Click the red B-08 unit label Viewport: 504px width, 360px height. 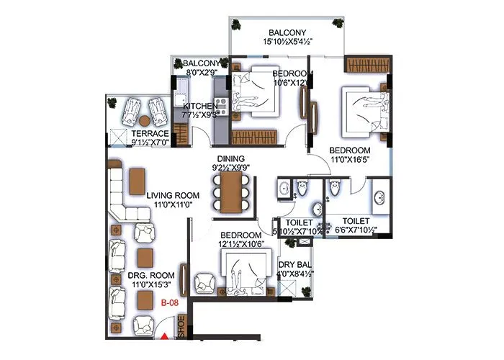[x=169, y=303]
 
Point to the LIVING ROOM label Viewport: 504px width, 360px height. [x=172, y=195]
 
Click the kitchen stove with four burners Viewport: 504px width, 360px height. [x=220, y=107]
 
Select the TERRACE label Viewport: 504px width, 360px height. [x=149, y=134]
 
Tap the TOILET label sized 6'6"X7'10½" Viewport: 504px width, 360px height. [x=356, y=221]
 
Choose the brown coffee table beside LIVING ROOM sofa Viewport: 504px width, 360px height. [x=137, y=181]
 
